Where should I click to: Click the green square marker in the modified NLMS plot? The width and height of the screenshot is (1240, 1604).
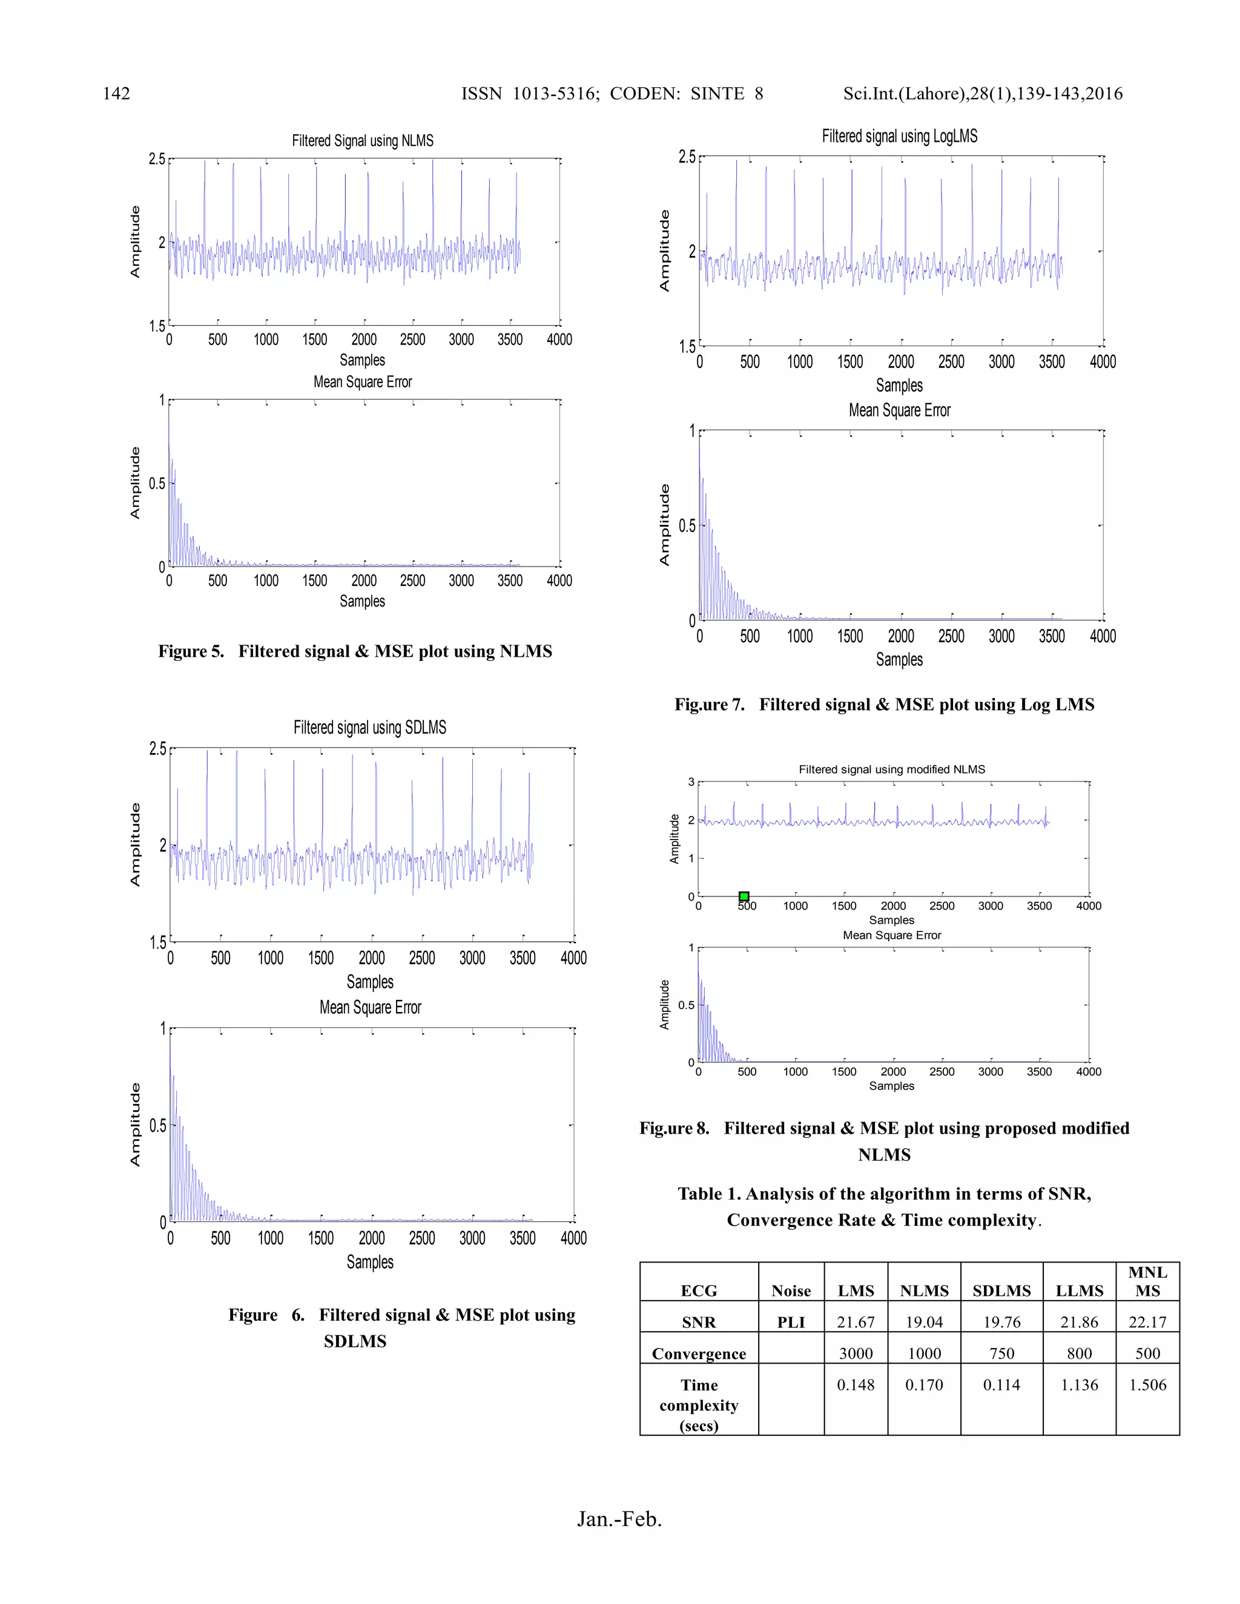[744, 896]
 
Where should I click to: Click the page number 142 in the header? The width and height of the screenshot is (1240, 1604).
[116, 93]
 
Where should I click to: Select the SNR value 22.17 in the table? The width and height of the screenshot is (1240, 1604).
[1147, 1322]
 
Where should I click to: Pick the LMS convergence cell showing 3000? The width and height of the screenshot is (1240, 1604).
[856, 1353]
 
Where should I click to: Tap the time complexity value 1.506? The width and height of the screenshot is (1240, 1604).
[1147, 1385]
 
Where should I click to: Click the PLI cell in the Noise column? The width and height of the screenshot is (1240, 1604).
[791, 1323]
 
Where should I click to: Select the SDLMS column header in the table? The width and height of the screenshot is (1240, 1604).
[1001, 1291]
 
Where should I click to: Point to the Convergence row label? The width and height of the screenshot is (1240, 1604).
[699, 1353]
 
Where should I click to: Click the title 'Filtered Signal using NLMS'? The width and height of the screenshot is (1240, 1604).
[362, 140]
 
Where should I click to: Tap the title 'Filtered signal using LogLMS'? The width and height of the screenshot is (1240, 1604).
[899, 136]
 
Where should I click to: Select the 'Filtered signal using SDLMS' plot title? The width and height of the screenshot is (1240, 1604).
[369, 727]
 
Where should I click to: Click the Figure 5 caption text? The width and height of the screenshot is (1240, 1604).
[355, 651]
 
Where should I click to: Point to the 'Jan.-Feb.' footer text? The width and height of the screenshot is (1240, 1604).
[619, 1519]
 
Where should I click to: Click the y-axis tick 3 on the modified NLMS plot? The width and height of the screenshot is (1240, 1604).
[690, 782]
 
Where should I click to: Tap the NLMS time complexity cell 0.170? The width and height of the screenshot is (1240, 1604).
[924, 1385]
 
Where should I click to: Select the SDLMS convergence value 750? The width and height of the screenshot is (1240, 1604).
[1001, 1353]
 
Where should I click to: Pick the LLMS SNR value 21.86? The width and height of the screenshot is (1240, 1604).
[1079, 1322]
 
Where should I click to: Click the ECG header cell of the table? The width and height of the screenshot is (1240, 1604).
[699, 1291]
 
